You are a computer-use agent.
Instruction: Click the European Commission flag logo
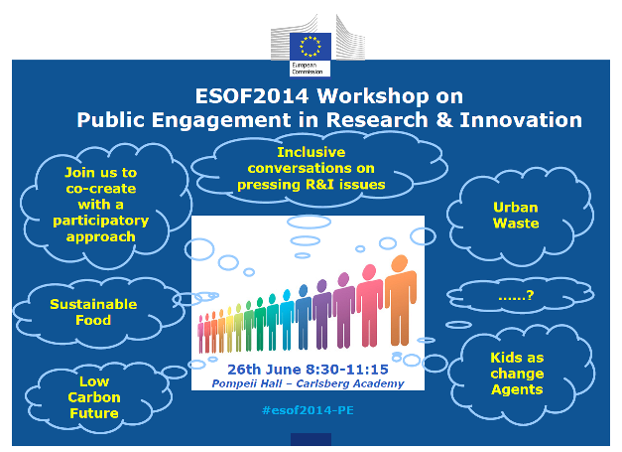click(311, 47)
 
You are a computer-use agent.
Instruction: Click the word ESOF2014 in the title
click(252, 96)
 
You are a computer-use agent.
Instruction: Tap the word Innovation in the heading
click(521, 119)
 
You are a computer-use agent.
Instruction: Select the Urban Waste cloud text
click(516, 216)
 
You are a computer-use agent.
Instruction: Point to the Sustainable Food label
click(93, 312)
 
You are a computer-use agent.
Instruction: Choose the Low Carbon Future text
click(94, 397)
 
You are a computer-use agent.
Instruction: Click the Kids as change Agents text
click(517, 374)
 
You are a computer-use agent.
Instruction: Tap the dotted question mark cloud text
click(516, 296)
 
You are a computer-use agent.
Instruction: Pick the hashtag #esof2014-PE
click(308, 410)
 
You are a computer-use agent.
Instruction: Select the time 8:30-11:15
click(347, 370)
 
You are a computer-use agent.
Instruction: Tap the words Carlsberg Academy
click(350, 383)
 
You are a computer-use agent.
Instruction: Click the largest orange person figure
click(401, 300)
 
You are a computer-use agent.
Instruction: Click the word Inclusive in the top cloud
click(311, 152)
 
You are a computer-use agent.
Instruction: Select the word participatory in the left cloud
click(101, 221)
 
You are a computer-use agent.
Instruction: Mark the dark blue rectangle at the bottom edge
click(311, 439)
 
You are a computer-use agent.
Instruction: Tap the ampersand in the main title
click(444, 119)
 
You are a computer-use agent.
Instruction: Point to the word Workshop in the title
click(373, 97)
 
